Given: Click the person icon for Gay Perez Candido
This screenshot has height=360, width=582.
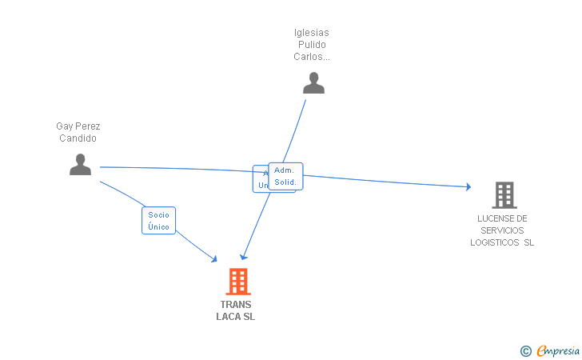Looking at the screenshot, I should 80,164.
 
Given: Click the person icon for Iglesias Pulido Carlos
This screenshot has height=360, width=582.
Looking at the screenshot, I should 313,83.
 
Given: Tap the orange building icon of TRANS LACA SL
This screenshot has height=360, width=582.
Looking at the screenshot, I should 237,282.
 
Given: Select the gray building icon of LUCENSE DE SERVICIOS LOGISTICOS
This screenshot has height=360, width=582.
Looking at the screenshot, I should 504,195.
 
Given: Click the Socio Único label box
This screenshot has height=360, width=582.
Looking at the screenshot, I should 158,221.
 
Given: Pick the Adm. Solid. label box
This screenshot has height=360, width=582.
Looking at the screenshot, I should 285,176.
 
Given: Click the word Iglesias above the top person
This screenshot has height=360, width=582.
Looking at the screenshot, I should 312,33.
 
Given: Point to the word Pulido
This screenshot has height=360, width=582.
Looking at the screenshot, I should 312,45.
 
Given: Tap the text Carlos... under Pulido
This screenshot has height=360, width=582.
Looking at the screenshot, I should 312,57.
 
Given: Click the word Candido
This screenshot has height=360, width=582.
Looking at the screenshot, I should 78,138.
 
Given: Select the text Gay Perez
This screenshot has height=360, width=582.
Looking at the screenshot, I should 78,126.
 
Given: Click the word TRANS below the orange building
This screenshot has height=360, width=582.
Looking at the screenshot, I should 236,305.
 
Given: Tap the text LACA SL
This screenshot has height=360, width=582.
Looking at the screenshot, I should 236,317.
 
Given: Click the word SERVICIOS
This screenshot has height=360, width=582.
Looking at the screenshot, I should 503,230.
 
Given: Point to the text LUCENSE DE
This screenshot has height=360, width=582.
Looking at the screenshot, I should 503,218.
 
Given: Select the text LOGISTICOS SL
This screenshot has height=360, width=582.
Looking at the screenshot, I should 503,242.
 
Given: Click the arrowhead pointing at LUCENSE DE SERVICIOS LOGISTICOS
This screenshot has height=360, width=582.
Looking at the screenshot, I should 468,187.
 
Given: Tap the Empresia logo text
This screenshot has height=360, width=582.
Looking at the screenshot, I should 559,350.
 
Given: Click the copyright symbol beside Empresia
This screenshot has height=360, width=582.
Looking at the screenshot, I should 525,350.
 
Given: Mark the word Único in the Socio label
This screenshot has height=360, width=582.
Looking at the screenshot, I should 158,227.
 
